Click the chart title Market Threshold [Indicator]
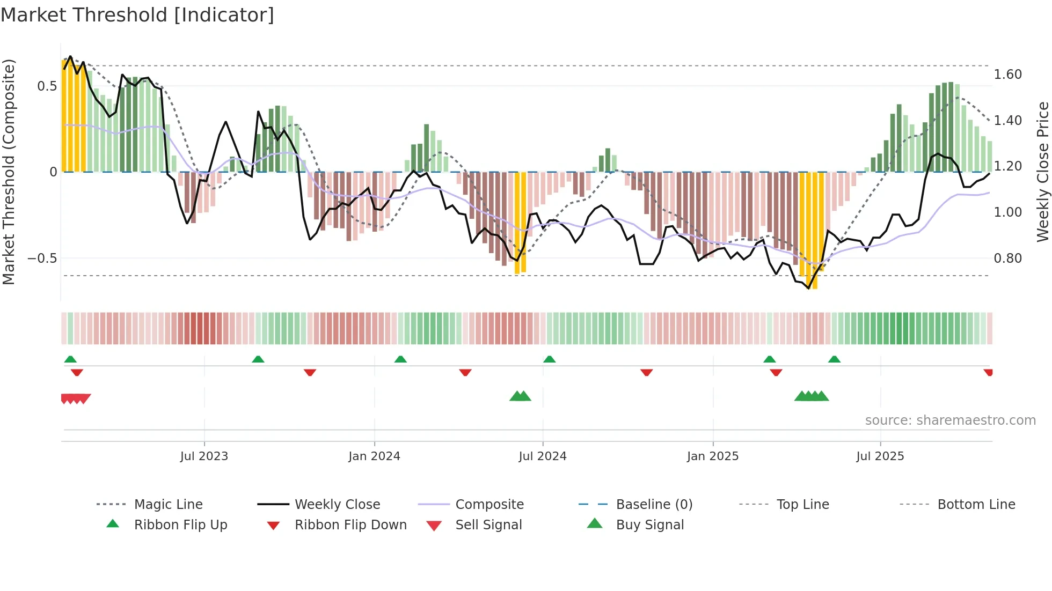(137, 15)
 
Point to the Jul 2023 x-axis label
(204, 456)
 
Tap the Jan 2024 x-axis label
(374, 456)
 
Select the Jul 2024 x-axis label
(542, 456)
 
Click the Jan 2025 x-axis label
(712, 456)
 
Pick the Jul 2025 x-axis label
(880, 456)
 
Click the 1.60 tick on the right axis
(1007, 75)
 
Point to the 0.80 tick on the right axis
(1007, 258)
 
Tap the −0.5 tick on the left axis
(42, 258)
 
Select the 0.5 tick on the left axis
(47, 86)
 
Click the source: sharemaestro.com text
(950, 420)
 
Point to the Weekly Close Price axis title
(1042, 172)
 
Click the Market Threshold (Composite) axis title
(9, 172)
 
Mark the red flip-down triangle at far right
(988, 372)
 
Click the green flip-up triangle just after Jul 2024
(549, 359)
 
